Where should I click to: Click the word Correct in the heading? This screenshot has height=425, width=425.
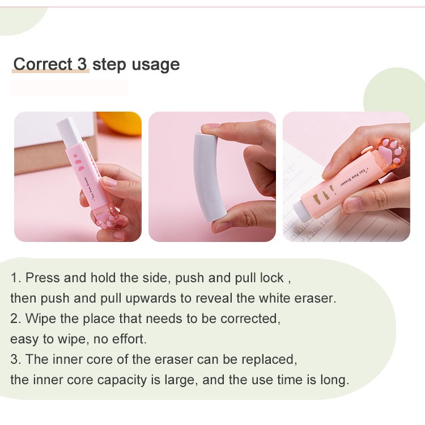pos(42,64)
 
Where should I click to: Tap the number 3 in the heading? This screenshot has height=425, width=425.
pos(82,64)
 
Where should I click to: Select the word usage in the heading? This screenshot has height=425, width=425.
pos(156,65)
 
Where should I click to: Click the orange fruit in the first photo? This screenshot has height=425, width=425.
pos(121,123)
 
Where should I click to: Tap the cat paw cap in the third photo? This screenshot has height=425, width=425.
pos(390,154)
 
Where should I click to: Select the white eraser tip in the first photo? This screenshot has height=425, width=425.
pos(69,133)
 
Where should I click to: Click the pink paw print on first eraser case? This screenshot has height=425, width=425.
pos(78,163)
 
